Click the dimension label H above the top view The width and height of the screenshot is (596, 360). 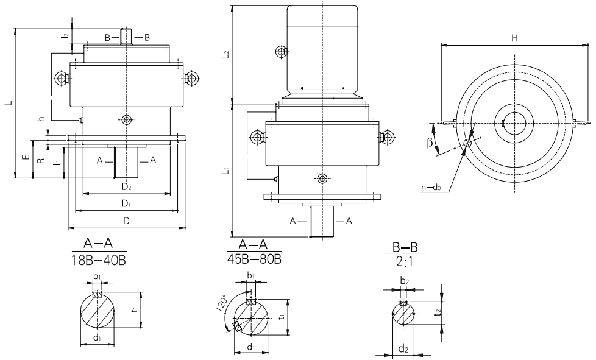pos(514,38)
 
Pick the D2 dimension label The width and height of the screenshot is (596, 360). pos(126,188)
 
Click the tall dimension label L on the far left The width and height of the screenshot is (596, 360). pos(8,104)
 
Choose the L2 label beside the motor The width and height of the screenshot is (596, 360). pos(225,55)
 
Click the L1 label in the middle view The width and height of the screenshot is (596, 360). pos(225,172)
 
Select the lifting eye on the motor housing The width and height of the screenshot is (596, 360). pos(281,52)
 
